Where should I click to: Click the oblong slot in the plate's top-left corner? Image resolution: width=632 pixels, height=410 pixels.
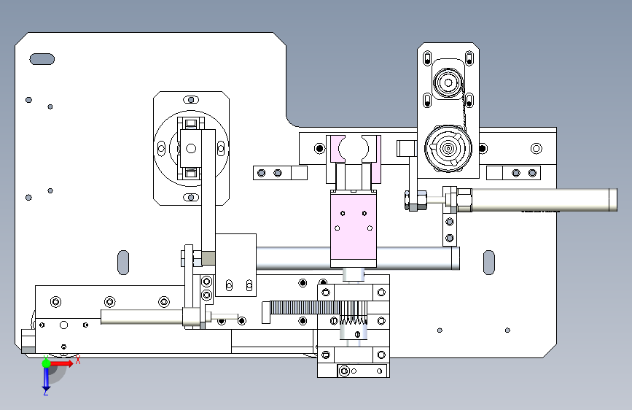pyautogui.click(x=42, y=58)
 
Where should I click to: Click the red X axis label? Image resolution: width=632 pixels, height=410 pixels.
pyautogui.click(x=77, y=360)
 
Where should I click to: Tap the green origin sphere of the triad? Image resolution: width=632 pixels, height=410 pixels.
pyautogui.click(x=46, y=363)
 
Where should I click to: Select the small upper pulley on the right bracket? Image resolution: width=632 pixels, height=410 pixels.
pyautogui.click(x=445, y=82)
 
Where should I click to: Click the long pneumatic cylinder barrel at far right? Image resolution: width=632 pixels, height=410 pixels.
pyautogui.click(x=539, y=198)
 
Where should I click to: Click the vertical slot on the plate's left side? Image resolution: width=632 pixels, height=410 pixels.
pyautogui.click(x=123, y=262)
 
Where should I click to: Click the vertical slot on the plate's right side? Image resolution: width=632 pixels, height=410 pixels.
pyautogui.click(x=489, y=262)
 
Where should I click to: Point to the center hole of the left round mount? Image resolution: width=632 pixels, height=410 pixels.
pyautogui.click(x=191, y=148)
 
